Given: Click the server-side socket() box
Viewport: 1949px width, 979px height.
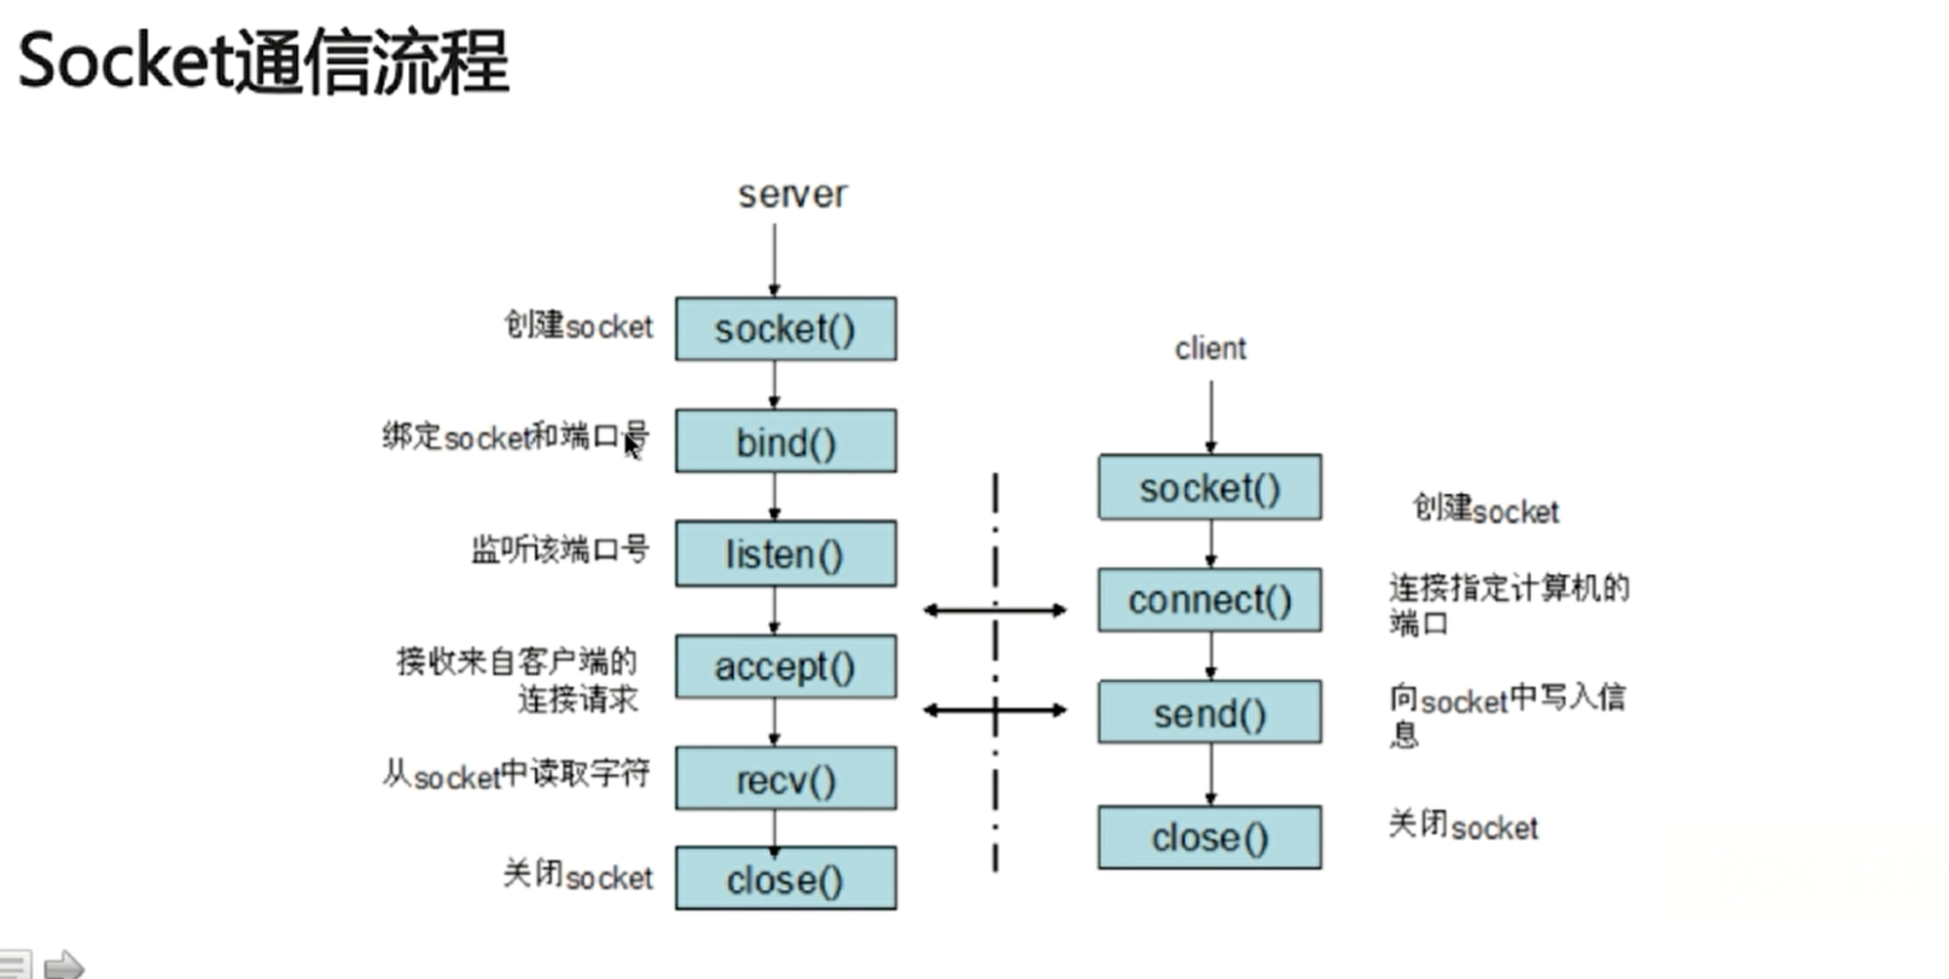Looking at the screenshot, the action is [x=785, y=329].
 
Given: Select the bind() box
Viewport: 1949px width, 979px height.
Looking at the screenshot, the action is [x=785, y=441].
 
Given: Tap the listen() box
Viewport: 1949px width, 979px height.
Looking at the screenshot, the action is [x=785, y=553].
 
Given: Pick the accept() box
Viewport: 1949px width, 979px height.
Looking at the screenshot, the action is [x=785, y=666].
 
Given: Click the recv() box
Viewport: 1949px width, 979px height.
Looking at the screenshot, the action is [x=785, y=778].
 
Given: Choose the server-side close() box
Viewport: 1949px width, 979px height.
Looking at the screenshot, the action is [x=785, y=879].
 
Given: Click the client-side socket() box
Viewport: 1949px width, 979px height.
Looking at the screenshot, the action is [x=1209, y=487].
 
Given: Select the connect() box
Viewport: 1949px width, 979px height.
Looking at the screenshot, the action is [x=1209, y=600].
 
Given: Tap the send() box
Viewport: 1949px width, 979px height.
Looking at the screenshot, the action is [x=1209, y=712].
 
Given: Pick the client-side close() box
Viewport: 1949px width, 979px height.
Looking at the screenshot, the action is [x=1209, y=837].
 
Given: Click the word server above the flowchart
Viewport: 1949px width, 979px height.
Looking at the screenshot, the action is [x=792, y=195].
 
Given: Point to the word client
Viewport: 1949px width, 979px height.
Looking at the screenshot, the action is [x=1210, y=348].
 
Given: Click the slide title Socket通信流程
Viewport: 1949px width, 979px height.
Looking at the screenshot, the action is [x=263, y=61].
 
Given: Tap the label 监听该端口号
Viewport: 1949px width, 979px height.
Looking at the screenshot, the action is [x=560, y=549].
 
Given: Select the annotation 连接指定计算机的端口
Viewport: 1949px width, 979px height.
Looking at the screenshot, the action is [x=1509, y=605].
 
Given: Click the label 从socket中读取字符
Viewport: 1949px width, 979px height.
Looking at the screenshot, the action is [x=516, y=774].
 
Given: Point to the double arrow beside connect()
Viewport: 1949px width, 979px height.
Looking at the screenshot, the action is [x=995, y=611].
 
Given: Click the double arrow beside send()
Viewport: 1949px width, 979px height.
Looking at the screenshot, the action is [x=995, y=710].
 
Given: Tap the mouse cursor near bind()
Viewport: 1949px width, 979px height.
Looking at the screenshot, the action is [x=632, y=447].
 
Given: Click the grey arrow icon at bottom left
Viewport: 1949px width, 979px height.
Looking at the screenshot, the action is [x=64, y=964].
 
